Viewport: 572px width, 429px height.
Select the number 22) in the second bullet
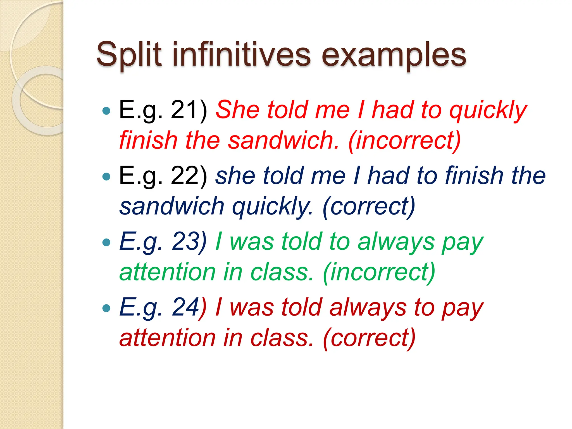coord(189,176)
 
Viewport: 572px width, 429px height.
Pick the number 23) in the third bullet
coord(189,242)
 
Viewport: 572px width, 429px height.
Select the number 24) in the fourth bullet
coord(189,308)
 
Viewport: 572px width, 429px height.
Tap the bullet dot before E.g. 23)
coord(106,242)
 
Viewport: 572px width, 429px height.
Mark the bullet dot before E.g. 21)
coord(106,111)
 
